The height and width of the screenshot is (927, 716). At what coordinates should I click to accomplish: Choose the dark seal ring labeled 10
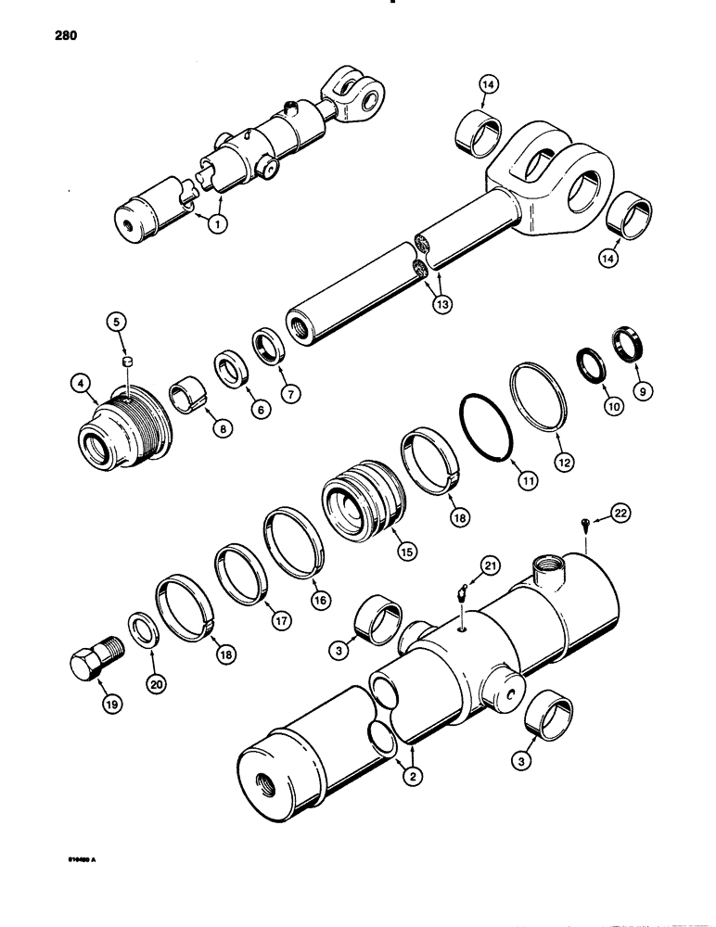(590, 361)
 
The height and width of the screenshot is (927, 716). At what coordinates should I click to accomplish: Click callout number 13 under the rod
(432, 302)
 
